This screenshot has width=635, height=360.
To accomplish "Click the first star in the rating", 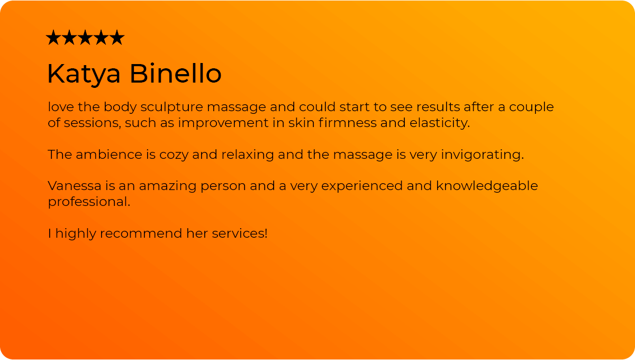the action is pyautogui.click(x=53, y=37).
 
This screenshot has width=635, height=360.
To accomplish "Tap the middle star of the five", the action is pyautogui.click(x=85, y=37).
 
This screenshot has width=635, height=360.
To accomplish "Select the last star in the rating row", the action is pyautogui.click(x=117, y=37).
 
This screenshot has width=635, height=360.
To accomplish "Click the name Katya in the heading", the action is pyautogui.click(x=84, y=74).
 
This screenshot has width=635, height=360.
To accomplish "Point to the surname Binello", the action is pyautogui.click(x=176, y=73).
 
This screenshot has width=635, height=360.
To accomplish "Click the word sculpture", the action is pyautogui.click(x=172, y=107).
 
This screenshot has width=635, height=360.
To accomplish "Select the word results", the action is pyautogui.click(x=438, y=107).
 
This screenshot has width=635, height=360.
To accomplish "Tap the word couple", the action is pyautogui.click(x=531, y=107).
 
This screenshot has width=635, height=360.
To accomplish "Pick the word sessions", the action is pyautogui.click(x=93, y=123).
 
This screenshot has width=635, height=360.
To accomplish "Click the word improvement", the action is pyautogui.click(x=223, y=123).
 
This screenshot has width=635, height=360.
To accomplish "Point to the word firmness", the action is pyautogui.click(x=347, y=122).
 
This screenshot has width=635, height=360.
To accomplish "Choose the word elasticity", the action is pyautogui.click(x=440, y=123).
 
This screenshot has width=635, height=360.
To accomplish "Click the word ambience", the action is pyautogui.click(x=109, y=155).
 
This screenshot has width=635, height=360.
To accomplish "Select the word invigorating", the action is pyautogui.click(x=483, y=155).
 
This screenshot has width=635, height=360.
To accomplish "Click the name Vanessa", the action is pyautogui.click(x=75, y=186).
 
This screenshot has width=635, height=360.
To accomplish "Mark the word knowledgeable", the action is pyautogui.click(x=487, y=186).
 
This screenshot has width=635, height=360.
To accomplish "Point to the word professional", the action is pyautogui.click(x=89, y=202).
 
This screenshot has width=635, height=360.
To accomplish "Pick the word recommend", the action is pyautogui.click(x=141, y=233).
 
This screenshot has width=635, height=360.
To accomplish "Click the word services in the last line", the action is pyautogui.click(x=240, y=233).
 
